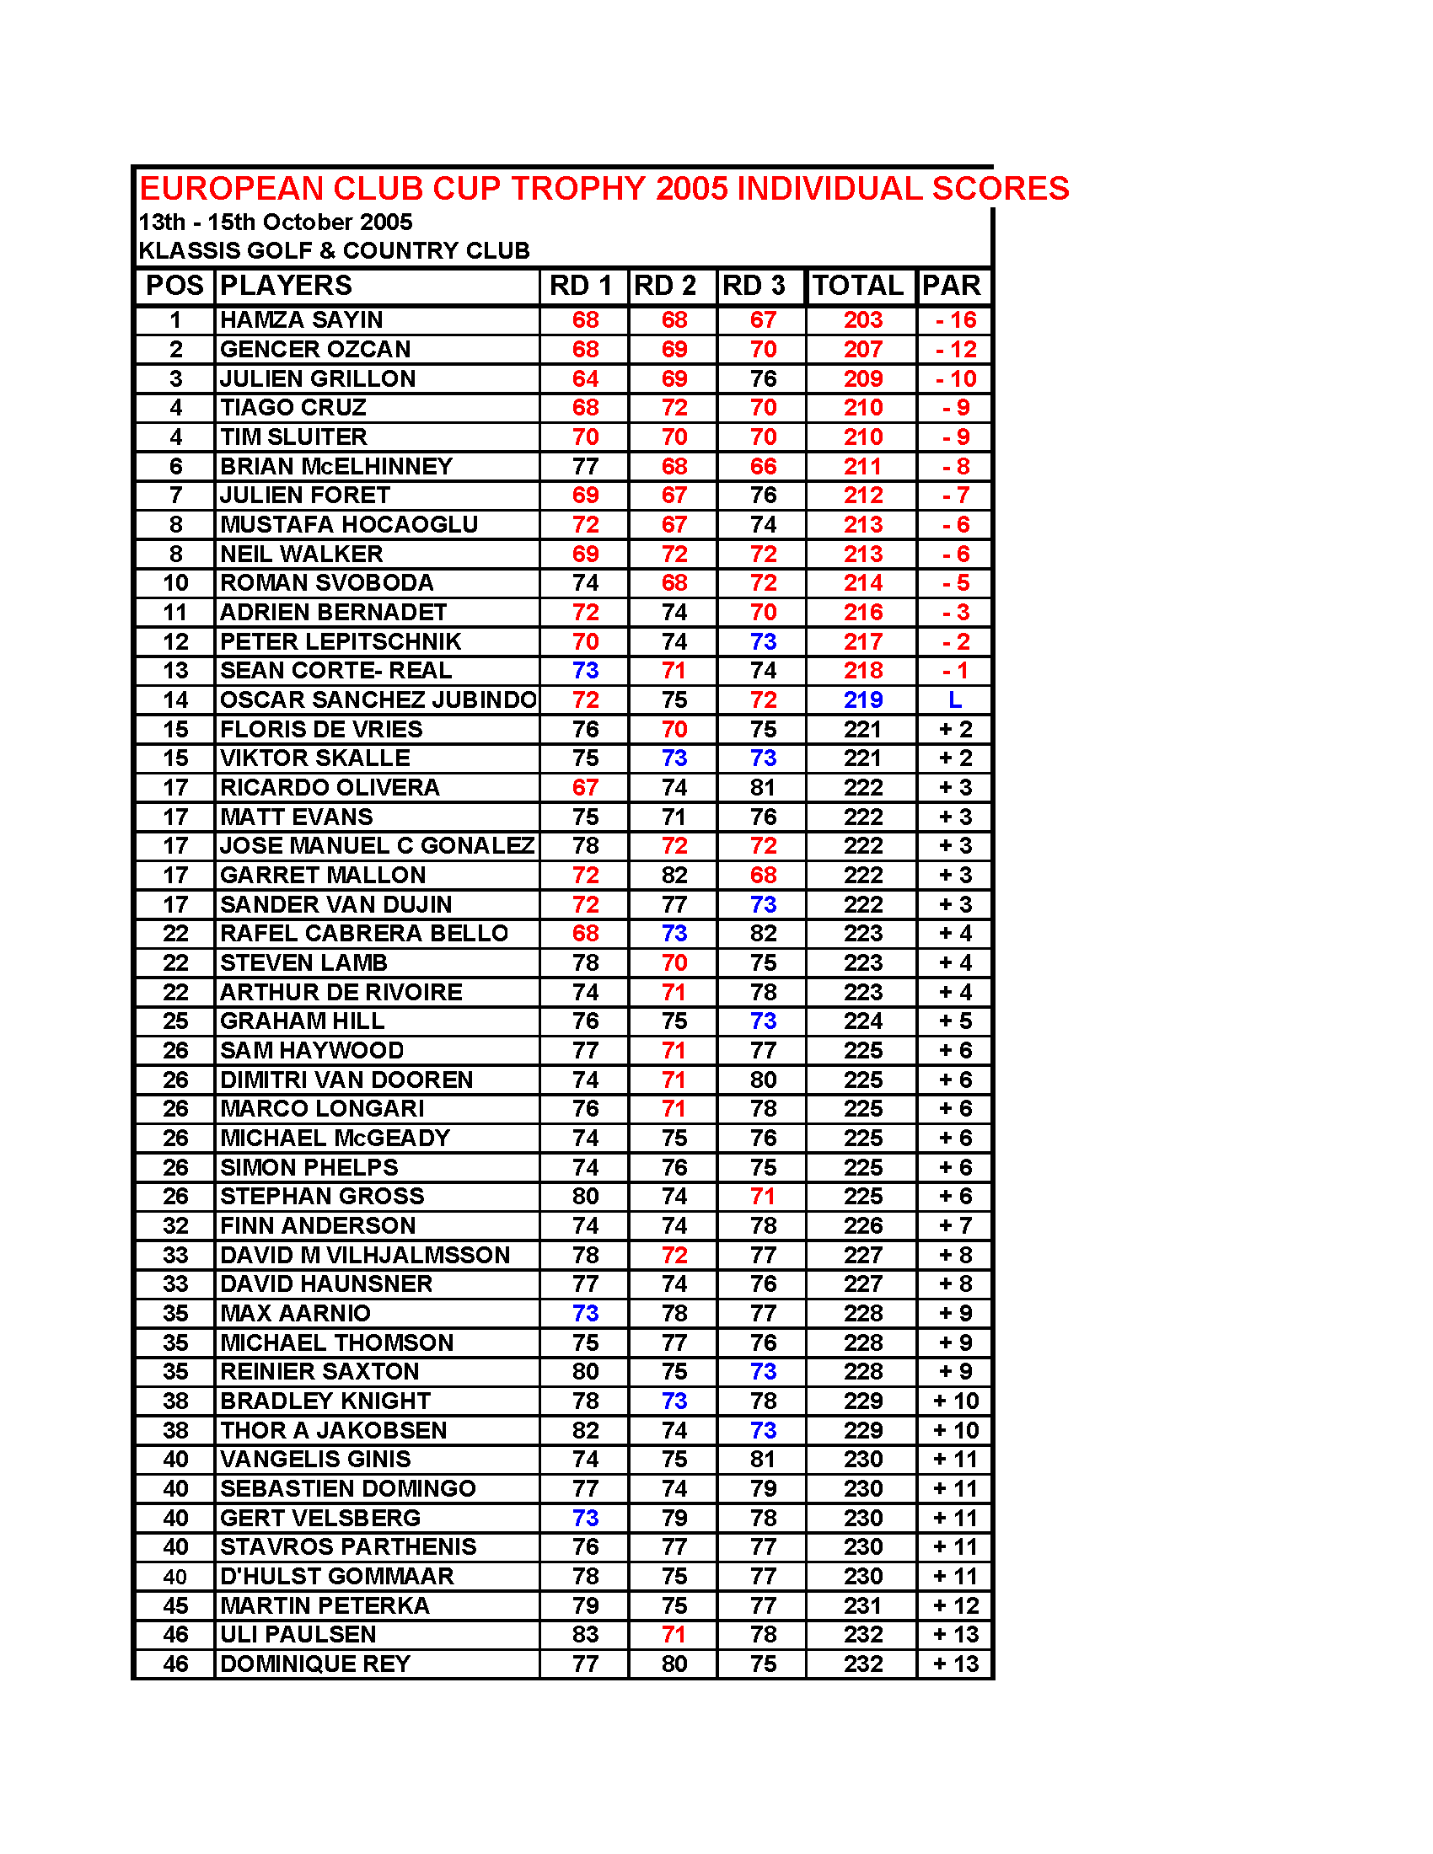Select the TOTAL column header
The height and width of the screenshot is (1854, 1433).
(857, 285)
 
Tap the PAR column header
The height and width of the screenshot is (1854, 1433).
(952, 285)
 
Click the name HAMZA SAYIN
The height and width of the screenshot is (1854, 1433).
(302, 320)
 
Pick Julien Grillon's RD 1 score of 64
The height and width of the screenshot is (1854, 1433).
(585, 378)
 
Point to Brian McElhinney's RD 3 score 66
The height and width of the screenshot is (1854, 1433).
(762, 466)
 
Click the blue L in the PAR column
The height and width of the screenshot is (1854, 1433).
(955, 699)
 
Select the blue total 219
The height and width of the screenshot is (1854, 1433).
(862, 699)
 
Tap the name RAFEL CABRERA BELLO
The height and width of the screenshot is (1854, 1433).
(363, 933)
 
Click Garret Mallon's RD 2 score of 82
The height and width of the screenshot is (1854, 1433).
(674, 876)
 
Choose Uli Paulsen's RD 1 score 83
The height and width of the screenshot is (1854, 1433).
(585, 1634)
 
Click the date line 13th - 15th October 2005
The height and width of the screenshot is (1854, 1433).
(275, 222)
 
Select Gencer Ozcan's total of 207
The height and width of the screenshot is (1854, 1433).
(862, 350)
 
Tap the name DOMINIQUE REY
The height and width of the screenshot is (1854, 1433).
(315, 1664)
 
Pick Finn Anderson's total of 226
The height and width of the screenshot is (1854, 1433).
(862, 1226)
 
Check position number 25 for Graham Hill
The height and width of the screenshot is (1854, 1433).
(175, 1021)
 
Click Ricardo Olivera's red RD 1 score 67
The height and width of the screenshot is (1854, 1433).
(585, 788)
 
